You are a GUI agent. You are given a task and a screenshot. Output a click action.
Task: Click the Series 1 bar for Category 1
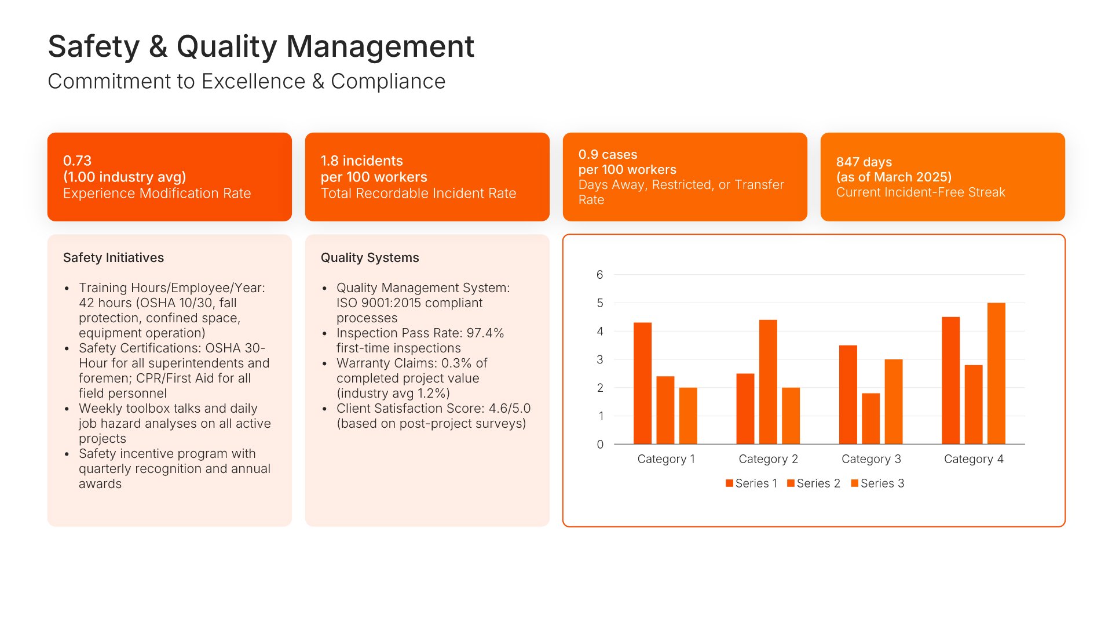point(642,383)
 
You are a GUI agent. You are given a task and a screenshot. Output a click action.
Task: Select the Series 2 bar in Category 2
point(768,382)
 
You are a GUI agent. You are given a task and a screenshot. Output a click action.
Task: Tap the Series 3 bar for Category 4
point(996,373)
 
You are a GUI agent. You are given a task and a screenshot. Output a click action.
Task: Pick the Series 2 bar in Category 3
point(870,418)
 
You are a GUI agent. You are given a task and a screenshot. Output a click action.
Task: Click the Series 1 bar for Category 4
point(950,380)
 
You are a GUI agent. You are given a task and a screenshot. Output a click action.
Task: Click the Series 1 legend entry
point(751,483)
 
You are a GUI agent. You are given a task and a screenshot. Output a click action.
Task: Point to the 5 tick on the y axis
point(600,303)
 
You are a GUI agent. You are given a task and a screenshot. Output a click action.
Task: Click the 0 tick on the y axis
point(600,445)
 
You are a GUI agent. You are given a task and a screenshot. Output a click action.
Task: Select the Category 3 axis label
point(871,459)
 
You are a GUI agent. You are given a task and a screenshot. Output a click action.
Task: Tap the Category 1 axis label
point(666,459)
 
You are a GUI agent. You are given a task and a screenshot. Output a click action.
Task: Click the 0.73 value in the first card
point(77,161)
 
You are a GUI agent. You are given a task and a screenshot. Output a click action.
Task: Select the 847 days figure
point(864,162)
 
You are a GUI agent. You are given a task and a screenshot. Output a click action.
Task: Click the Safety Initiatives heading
point(114,257)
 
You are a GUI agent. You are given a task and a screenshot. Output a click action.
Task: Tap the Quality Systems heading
point(370,257)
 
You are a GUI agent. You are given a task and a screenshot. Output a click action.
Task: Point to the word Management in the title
point(380,46)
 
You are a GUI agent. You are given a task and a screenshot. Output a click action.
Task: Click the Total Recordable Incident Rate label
point(418,193)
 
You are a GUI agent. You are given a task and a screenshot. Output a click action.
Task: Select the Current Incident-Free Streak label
point(920,192)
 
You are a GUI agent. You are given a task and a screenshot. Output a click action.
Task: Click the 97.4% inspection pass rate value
point(485,333)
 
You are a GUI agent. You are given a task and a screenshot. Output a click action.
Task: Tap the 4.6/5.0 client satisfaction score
point(509,408)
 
